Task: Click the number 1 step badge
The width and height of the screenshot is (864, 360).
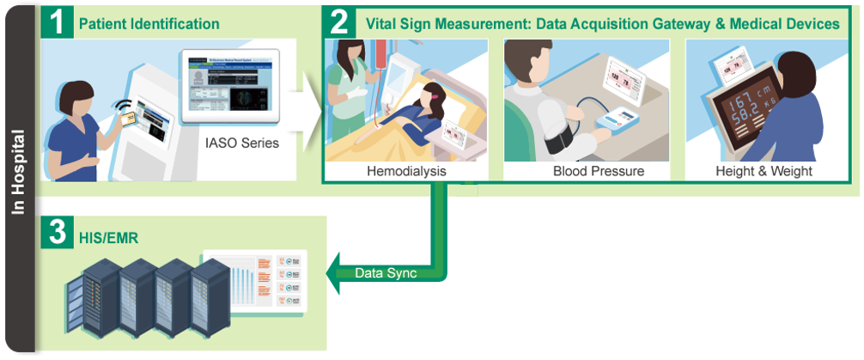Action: pyautogui.click(x=58, y=23)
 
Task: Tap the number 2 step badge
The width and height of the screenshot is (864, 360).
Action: pyautogui.click(x=340, y=22)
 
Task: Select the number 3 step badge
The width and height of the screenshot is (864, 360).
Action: pyautogui.click(x=58, y=233)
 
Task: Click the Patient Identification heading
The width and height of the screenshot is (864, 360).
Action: pyautogui.click(x=149, y=24)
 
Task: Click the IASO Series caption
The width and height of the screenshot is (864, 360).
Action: pyautogui.click(x=242, y=143)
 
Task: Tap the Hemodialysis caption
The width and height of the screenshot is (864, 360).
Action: pyautogui.click(x=406, y=171)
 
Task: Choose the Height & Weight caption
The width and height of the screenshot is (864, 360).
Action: pyautogui.click(x=764, y=171)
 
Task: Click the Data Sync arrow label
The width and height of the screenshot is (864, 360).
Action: pyautogui.click(x=386, y=273)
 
